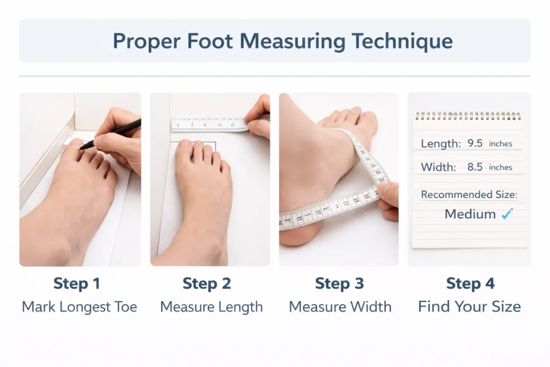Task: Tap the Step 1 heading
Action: click(77, 284)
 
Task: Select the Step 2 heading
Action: click(207, 284)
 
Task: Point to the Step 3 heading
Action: click(339, 284)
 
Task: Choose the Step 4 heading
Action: click(471, 284)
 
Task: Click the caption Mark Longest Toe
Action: click(79, 307)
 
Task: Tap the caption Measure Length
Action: click(212, 307)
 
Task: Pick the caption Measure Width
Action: click(340, 307)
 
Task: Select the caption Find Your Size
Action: click(469, 307)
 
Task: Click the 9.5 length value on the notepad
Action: click(475, 144)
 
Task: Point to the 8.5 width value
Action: click(475, 167)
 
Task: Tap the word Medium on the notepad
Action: click(470, 214)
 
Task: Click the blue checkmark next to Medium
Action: click(506, 214)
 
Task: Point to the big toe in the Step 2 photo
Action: click(185, 150)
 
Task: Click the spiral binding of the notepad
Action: click(468, 116)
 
